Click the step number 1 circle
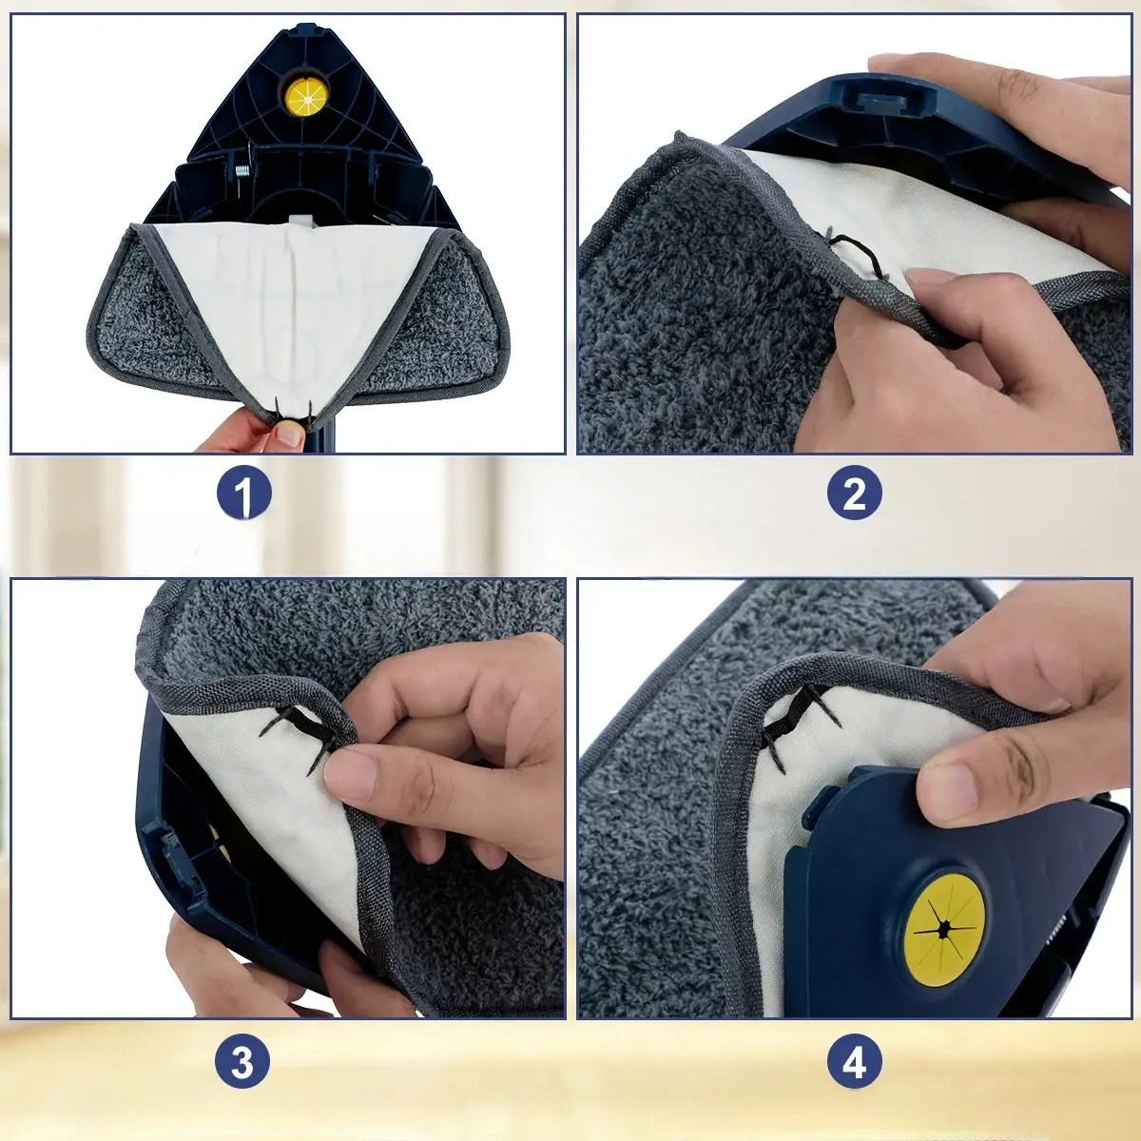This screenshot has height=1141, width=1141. (x=242, y=494)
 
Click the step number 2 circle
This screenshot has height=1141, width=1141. (x=854, y=494)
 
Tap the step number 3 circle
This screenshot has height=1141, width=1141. (x=242, y=1062)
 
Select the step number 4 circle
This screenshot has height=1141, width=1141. (x=854, y=1062)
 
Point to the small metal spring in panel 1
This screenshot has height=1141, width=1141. (x=241, y=172)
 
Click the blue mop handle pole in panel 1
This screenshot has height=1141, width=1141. (x=325, y=439)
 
